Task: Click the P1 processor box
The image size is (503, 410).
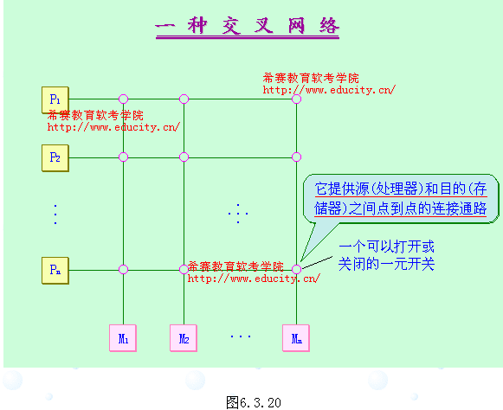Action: [55, 99]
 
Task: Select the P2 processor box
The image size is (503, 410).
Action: [55, 157]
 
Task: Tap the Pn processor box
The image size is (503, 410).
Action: [55, 270]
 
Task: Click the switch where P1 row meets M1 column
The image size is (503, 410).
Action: [123, 99]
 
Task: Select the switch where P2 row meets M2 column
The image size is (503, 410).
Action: [184, 157]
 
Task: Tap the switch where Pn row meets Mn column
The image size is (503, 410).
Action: [296, 270]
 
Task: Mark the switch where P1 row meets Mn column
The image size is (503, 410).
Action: [296, 99]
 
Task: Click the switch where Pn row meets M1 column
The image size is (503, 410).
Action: [123, 270]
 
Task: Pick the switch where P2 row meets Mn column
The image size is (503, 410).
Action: [296, 157]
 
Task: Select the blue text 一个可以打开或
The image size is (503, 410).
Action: [386, 247]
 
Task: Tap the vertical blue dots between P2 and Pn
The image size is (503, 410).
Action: [55, 214]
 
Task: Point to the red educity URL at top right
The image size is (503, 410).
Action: [329, 89]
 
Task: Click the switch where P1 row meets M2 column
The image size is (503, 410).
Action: [184, 99]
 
